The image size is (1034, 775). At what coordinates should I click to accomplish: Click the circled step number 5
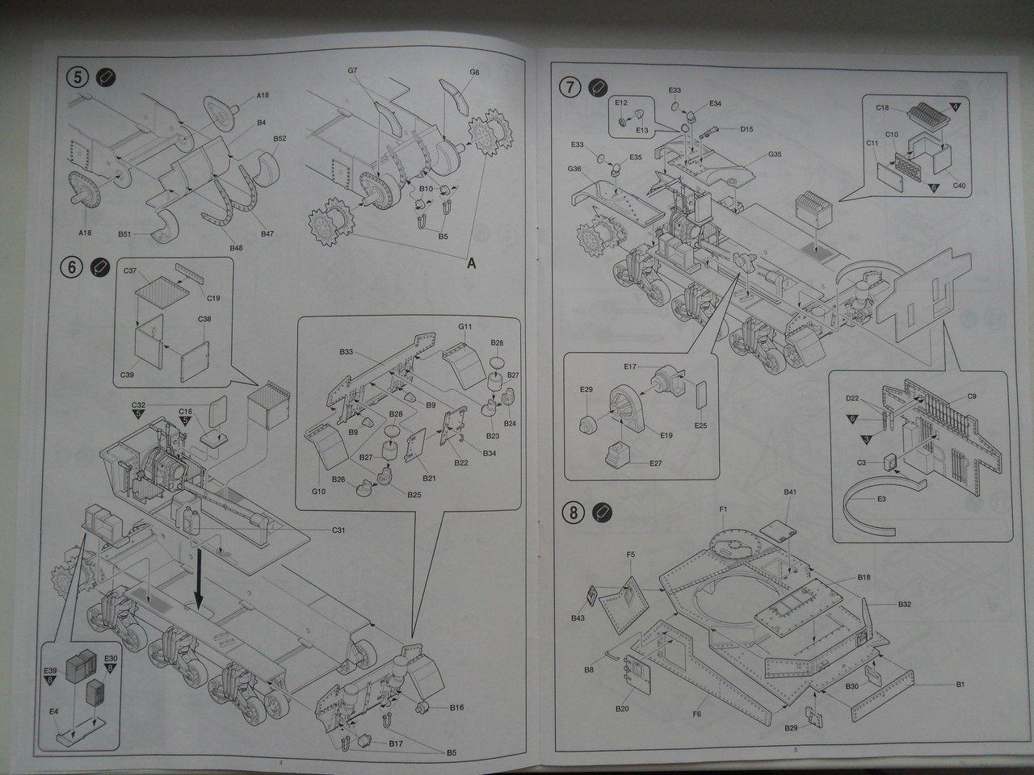tap(77, 77)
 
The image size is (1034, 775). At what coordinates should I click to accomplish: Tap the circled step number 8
tap(573, 512)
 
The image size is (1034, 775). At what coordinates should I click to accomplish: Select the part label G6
tap(474, 73)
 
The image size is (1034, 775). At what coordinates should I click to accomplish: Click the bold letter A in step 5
tap(471, 262)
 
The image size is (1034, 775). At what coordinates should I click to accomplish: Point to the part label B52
tap(280, 138)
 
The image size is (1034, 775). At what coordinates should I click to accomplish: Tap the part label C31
tap(338, 530)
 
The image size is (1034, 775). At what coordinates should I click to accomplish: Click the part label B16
tap(456, 708)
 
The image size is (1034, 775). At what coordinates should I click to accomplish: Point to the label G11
tap(465, 327)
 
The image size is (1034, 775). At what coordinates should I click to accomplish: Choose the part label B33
tap(346, 352)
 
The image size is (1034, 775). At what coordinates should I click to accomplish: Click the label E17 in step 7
tap(630, 367)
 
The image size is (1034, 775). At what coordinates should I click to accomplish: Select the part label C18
tap(882, 107)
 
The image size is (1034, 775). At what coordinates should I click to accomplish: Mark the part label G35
tap(775, 154)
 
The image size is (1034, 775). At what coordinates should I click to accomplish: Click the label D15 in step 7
tap(746, 129)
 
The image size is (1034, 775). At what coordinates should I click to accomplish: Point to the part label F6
tap(697, 714)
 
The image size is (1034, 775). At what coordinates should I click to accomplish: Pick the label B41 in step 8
tap(790, 492)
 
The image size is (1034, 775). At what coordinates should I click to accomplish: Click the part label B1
tap(960, 685)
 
